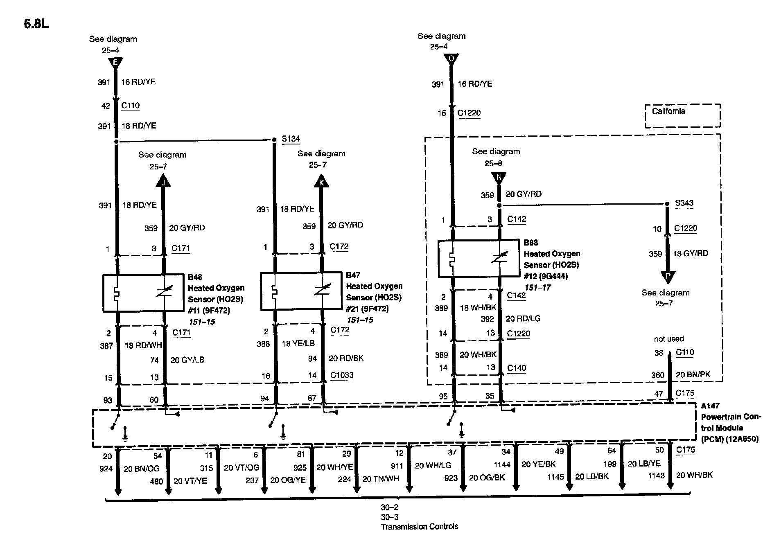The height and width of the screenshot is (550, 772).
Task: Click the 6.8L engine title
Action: pos(36,24)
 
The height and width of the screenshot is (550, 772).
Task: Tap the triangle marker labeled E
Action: pos(115,63)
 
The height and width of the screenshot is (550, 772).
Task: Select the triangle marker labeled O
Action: pos(451,59)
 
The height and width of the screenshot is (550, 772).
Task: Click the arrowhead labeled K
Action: pos(321,181)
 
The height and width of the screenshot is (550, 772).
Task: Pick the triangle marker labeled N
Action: pos(499,178)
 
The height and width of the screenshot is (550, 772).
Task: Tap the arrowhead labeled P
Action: pos(668,276)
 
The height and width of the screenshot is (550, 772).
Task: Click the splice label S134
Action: pos(291,139)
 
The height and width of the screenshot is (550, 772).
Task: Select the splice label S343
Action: pos(684,203)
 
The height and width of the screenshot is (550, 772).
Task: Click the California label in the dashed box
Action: pos(668,111)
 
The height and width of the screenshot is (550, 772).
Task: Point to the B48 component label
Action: pos(195,277)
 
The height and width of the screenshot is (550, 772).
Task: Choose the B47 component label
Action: pos(353,275)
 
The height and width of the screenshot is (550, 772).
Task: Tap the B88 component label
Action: pos(531,243)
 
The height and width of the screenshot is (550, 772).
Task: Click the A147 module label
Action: pos(710,406)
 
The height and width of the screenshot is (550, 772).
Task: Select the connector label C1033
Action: pos(342,375)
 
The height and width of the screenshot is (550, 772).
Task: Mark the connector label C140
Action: pos(517,368)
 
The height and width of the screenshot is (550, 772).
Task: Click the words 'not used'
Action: pos(669,339)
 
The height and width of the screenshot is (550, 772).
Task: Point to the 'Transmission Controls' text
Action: pos(420,527)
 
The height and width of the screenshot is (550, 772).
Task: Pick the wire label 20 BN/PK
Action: pos(693,374)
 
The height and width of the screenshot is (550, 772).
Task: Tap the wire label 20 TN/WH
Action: pos(380,479)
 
